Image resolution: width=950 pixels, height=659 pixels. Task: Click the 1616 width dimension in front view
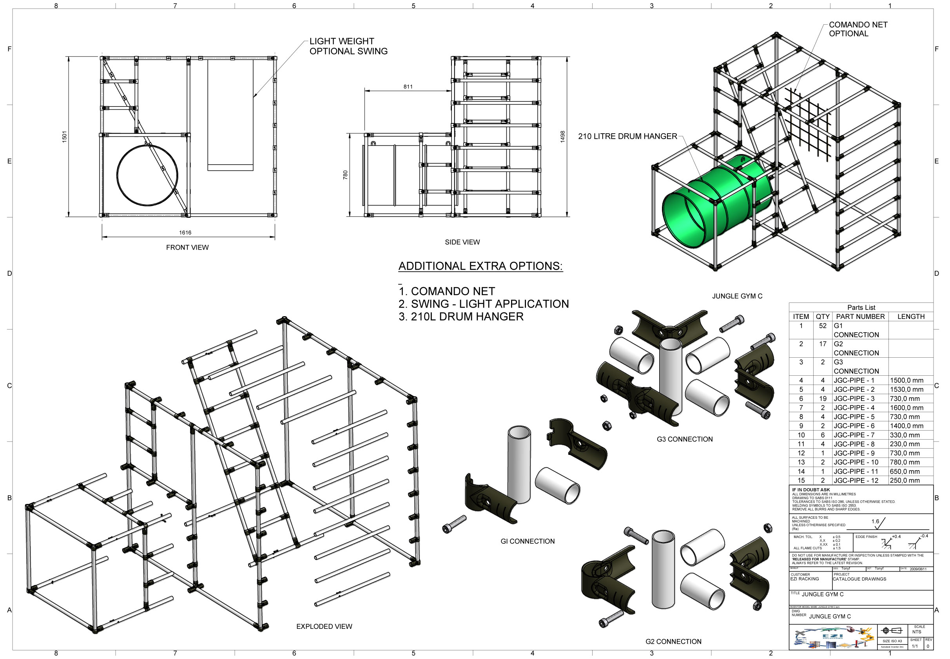point(185,232)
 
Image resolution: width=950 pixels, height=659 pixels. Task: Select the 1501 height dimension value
point(64,137)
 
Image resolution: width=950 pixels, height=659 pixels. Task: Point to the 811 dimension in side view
point(408,87)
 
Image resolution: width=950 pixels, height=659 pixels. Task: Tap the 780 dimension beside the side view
point(345,175)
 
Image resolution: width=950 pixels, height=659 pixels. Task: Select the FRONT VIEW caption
point(187,247)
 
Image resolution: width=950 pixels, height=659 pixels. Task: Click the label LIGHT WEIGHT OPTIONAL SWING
point(348,46)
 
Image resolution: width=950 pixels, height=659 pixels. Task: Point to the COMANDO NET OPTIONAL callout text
point(858,29)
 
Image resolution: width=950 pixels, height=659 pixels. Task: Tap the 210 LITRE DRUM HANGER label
point(627,136)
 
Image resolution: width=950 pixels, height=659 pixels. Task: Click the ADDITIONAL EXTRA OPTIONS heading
point(480,266)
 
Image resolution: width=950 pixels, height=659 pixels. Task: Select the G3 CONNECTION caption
point(684,439)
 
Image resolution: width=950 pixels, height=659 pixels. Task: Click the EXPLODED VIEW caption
point(324,626)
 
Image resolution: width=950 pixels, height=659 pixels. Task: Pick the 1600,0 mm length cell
point(906,407)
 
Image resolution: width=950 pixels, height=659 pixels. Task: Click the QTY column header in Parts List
point(822,316)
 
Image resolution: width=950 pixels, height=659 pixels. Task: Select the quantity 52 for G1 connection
point(822,326)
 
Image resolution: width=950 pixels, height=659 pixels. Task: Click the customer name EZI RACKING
point(804,579)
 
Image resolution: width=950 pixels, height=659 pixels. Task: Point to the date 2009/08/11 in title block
point(918,569)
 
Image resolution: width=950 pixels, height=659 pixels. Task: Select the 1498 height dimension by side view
point(562,137)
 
